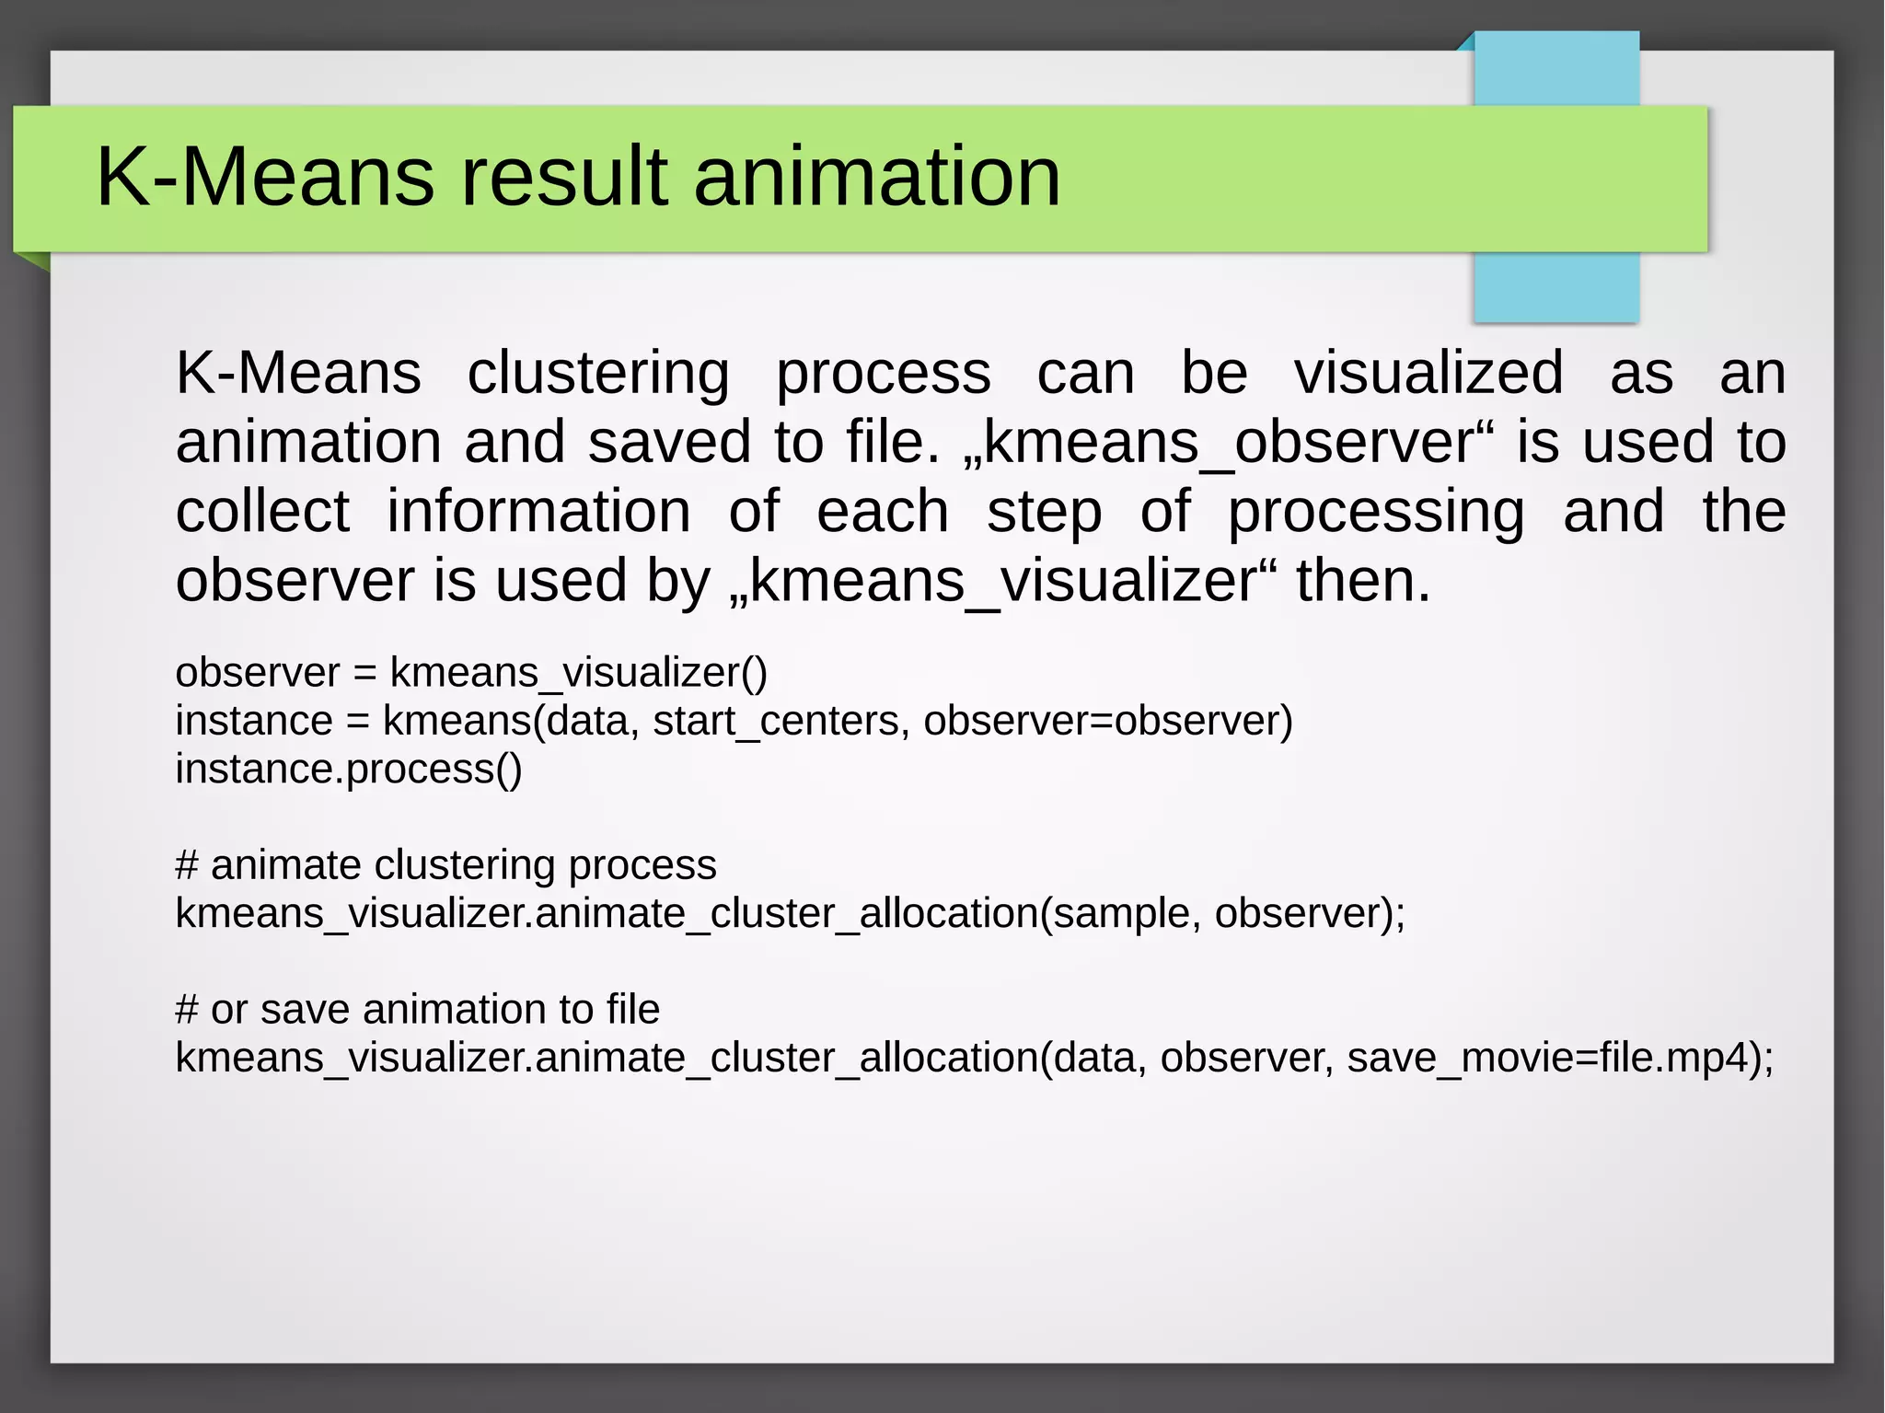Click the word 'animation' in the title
(x=876, y=177)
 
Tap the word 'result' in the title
(x=563, y=177)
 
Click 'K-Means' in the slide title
(x=265, y=177)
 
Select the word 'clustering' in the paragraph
(x=598, y=374)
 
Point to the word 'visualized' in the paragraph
(x=1428, y=374)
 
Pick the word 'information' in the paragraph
(x=538, y=512)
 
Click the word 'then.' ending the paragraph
(x=1363, y=582)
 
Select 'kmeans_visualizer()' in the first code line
(x=578, y=673)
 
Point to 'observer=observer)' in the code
(x=1108, y=721)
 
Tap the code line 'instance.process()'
(x=349, y=769)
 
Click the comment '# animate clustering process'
(x=445, y=865)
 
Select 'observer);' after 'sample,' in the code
(x=1310, y=913)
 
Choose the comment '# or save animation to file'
(x=418, y=1010)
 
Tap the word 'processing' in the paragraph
(x=1376, y=512)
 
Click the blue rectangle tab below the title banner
(x=1555, y=286)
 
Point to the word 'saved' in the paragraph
(x=669, y=443)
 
